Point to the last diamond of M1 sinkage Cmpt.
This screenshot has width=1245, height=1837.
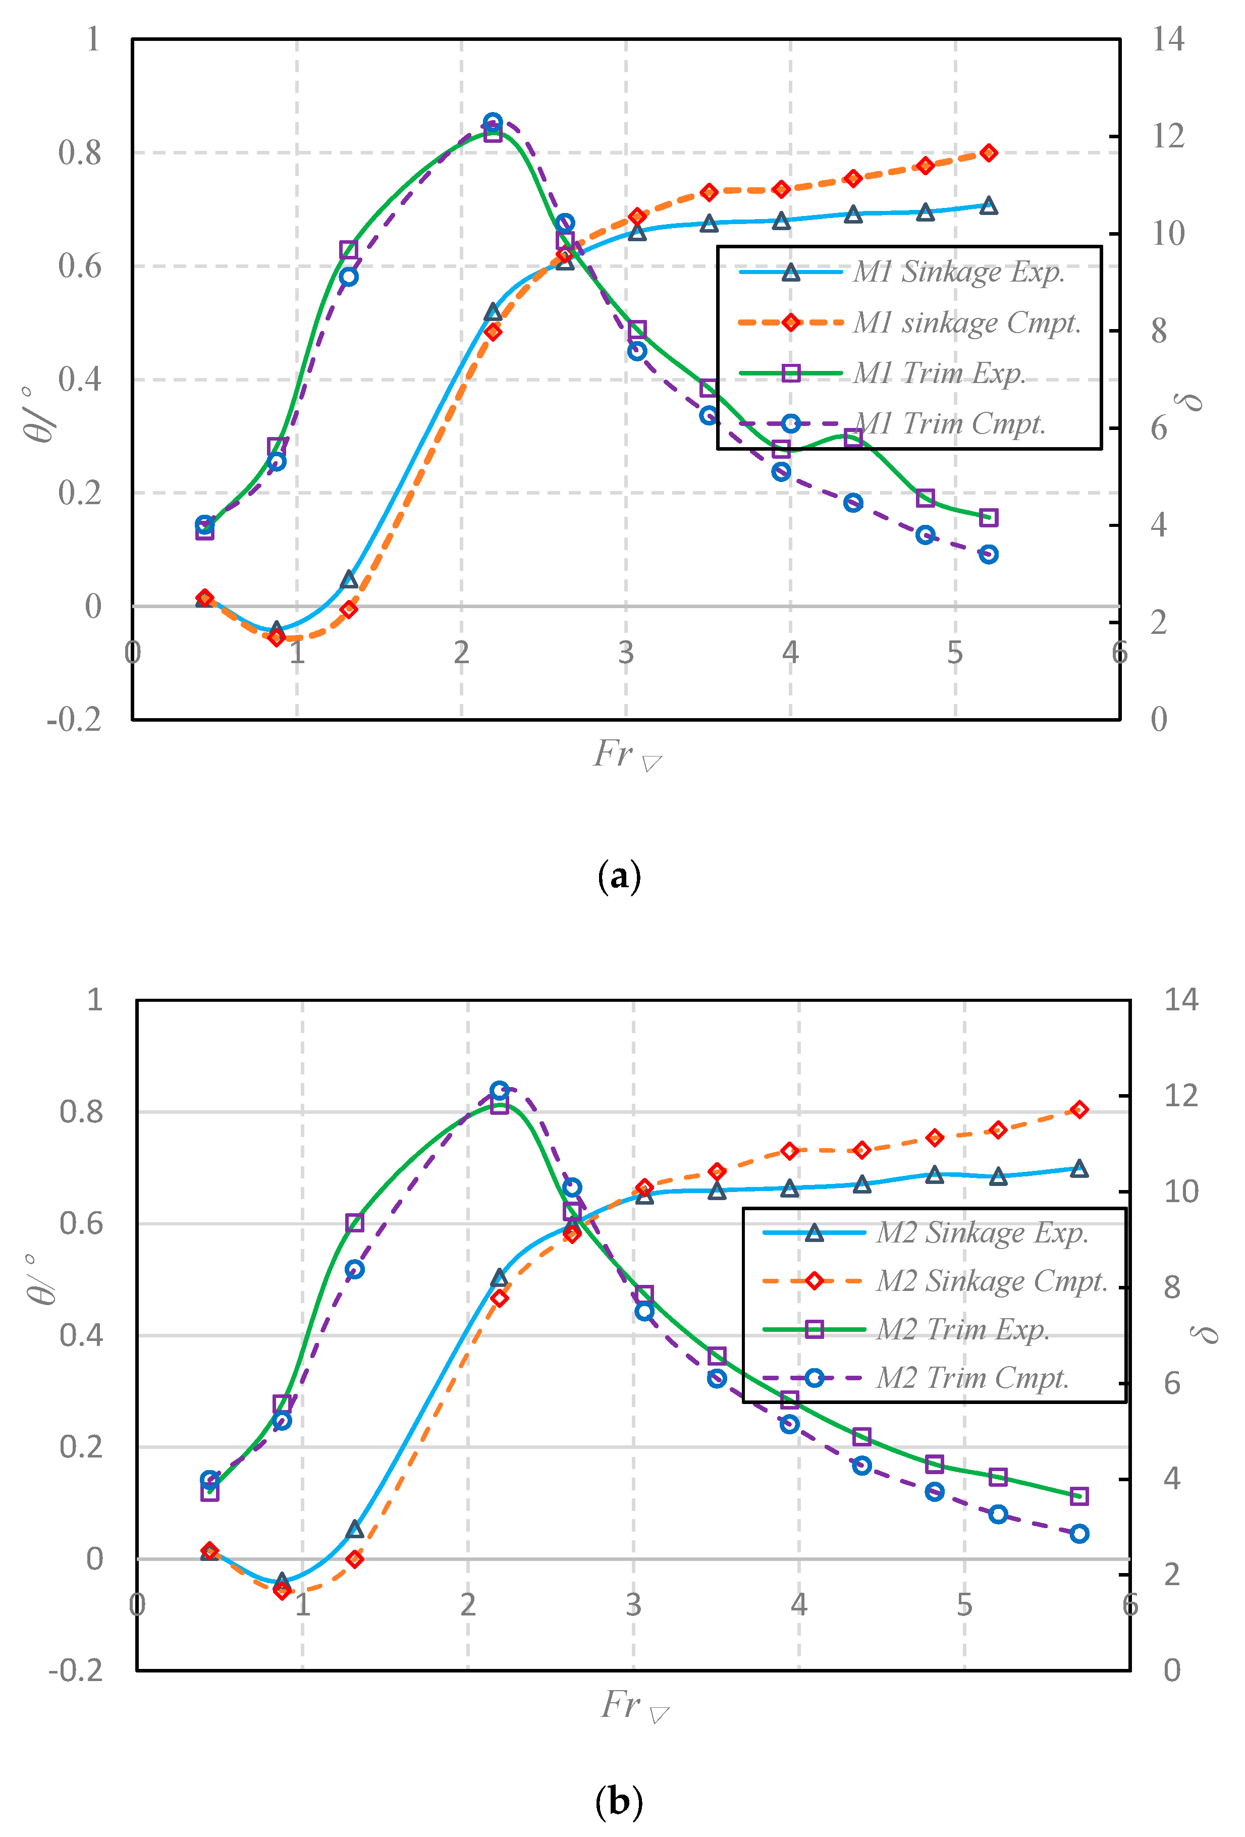click(988, 152)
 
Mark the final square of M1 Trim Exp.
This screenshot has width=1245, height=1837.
click(988, 518)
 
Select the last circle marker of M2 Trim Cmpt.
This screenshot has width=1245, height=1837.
click(1079, 1534)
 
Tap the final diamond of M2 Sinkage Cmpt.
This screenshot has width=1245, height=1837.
click(1079, 1110)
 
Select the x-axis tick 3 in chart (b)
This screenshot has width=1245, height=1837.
click(633, 1605)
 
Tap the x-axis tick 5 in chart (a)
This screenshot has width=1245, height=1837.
click(955, 653)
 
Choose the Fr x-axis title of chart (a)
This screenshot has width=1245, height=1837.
click(626, 755)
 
